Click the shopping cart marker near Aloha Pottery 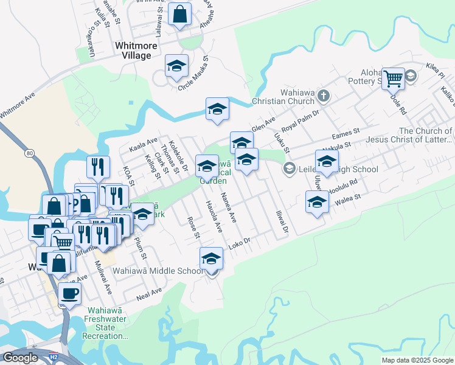[x=394, y=78]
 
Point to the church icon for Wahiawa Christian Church [x=324, y=96]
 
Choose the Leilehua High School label [x=338, y=169]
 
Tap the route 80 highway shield [x=30, y=153]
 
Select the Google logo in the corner [x=20, y=358]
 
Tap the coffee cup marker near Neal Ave [x=69, y=293]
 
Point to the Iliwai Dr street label [x=280, y=223]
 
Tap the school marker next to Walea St [x=316, y=203]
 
